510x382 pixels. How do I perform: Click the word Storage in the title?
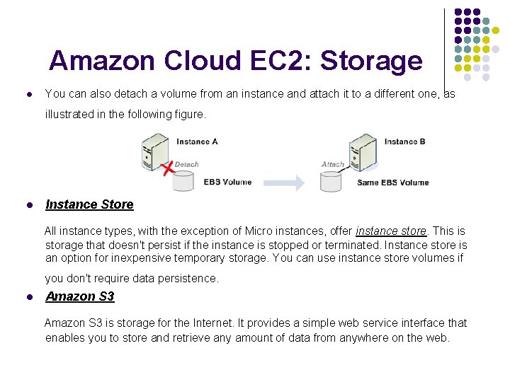(x=371, y=62)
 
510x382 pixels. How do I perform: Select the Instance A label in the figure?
(x=197, y=141)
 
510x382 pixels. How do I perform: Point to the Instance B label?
(x=404, y=141)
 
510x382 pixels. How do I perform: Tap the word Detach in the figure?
(x=187, y=164)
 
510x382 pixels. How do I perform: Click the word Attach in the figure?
(x=332, y=164)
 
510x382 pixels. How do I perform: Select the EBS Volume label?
(x=227, y=182)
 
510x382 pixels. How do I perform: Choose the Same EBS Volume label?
(x=393, y=183)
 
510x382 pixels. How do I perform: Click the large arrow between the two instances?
(x=279, y=182)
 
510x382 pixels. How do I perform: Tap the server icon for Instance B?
(x=362, y=151)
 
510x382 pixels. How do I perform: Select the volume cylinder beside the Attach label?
(x=331, y=180)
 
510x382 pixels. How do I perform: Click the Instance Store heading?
(x=89, y=204)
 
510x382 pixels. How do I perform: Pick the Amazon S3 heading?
(x=79, y=296)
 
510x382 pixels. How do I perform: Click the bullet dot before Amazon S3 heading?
(x=28, y=297)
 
